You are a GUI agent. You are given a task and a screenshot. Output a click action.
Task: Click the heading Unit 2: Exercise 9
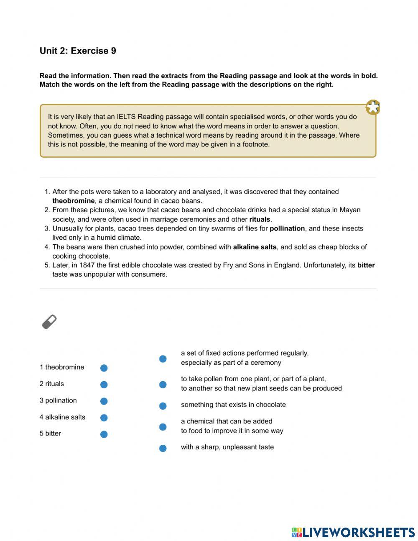78,51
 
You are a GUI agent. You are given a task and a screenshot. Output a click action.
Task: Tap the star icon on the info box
372,108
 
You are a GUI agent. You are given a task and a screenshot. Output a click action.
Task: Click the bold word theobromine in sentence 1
73,201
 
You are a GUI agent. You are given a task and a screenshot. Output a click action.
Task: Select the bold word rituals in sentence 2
260,219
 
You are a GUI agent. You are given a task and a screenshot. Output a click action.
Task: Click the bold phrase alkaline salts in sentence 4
255,247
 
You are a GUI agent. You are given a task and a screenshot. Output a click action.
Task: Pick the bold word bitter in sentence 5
366,265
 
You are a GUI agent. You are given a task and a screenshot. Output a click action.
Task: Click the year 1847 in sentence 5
87,265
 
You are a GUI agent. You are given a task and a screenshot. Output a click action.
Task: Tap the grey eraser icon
49,322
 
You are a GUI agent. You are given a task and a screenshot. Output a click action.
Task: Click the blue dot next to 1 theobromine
104,368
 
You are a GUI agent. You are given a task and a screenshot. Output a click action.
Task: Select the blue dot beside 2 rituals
104,385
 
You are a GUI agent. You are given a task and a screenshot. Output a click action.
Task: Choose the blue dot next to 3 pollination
104,401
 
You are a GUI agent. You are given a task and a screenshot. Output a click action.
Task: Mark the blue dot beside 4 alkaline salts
104,418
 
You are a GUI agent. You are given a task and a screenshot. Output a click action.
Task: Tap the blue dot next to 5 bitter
104,434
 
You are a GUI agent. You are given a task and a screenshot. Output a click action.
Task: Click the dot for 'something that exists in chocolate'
163,406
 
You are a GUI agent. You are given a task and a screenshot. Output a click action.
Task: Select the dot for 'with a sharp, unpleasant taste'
163,448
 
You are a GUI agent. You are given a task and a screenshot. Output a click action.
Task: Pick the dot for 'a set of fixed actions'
163,359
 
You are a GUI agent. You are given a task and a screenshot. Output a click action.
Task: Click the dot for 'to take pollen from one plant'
163,385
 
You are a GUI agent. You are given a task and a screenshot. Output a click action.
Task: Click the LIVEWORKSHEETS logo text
359,532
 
